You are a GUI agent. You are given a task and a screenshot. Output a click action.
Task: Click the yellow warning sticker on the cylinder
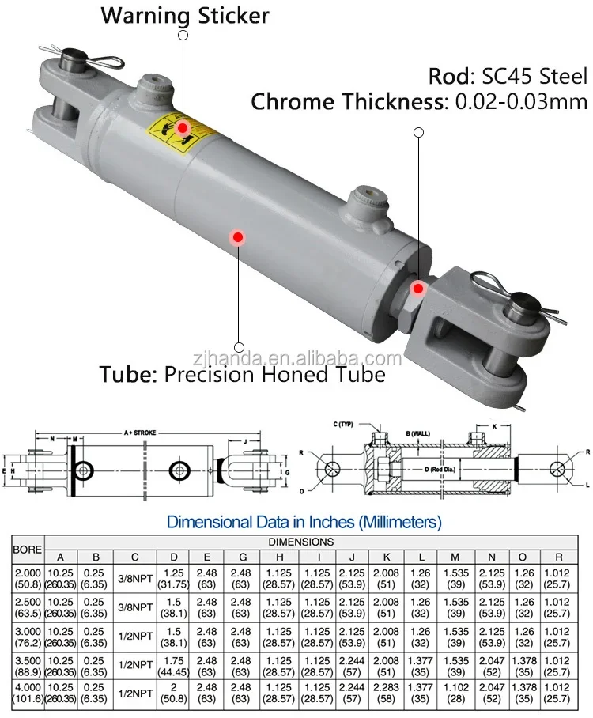tap(176, 133)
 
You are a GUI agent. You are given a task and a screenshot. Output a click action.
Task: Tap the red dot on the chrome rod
tap(418, 289)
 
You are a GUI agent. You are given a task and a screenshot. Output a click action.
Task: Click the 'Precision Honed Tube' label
tap(275, 373)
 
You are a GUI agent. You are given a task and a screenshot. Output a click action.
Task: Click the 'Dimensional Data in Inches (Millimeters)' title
tap(304, 522)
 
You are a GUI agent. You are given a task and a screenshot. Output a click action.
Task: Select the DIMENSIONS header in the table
tap(304, 542)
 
